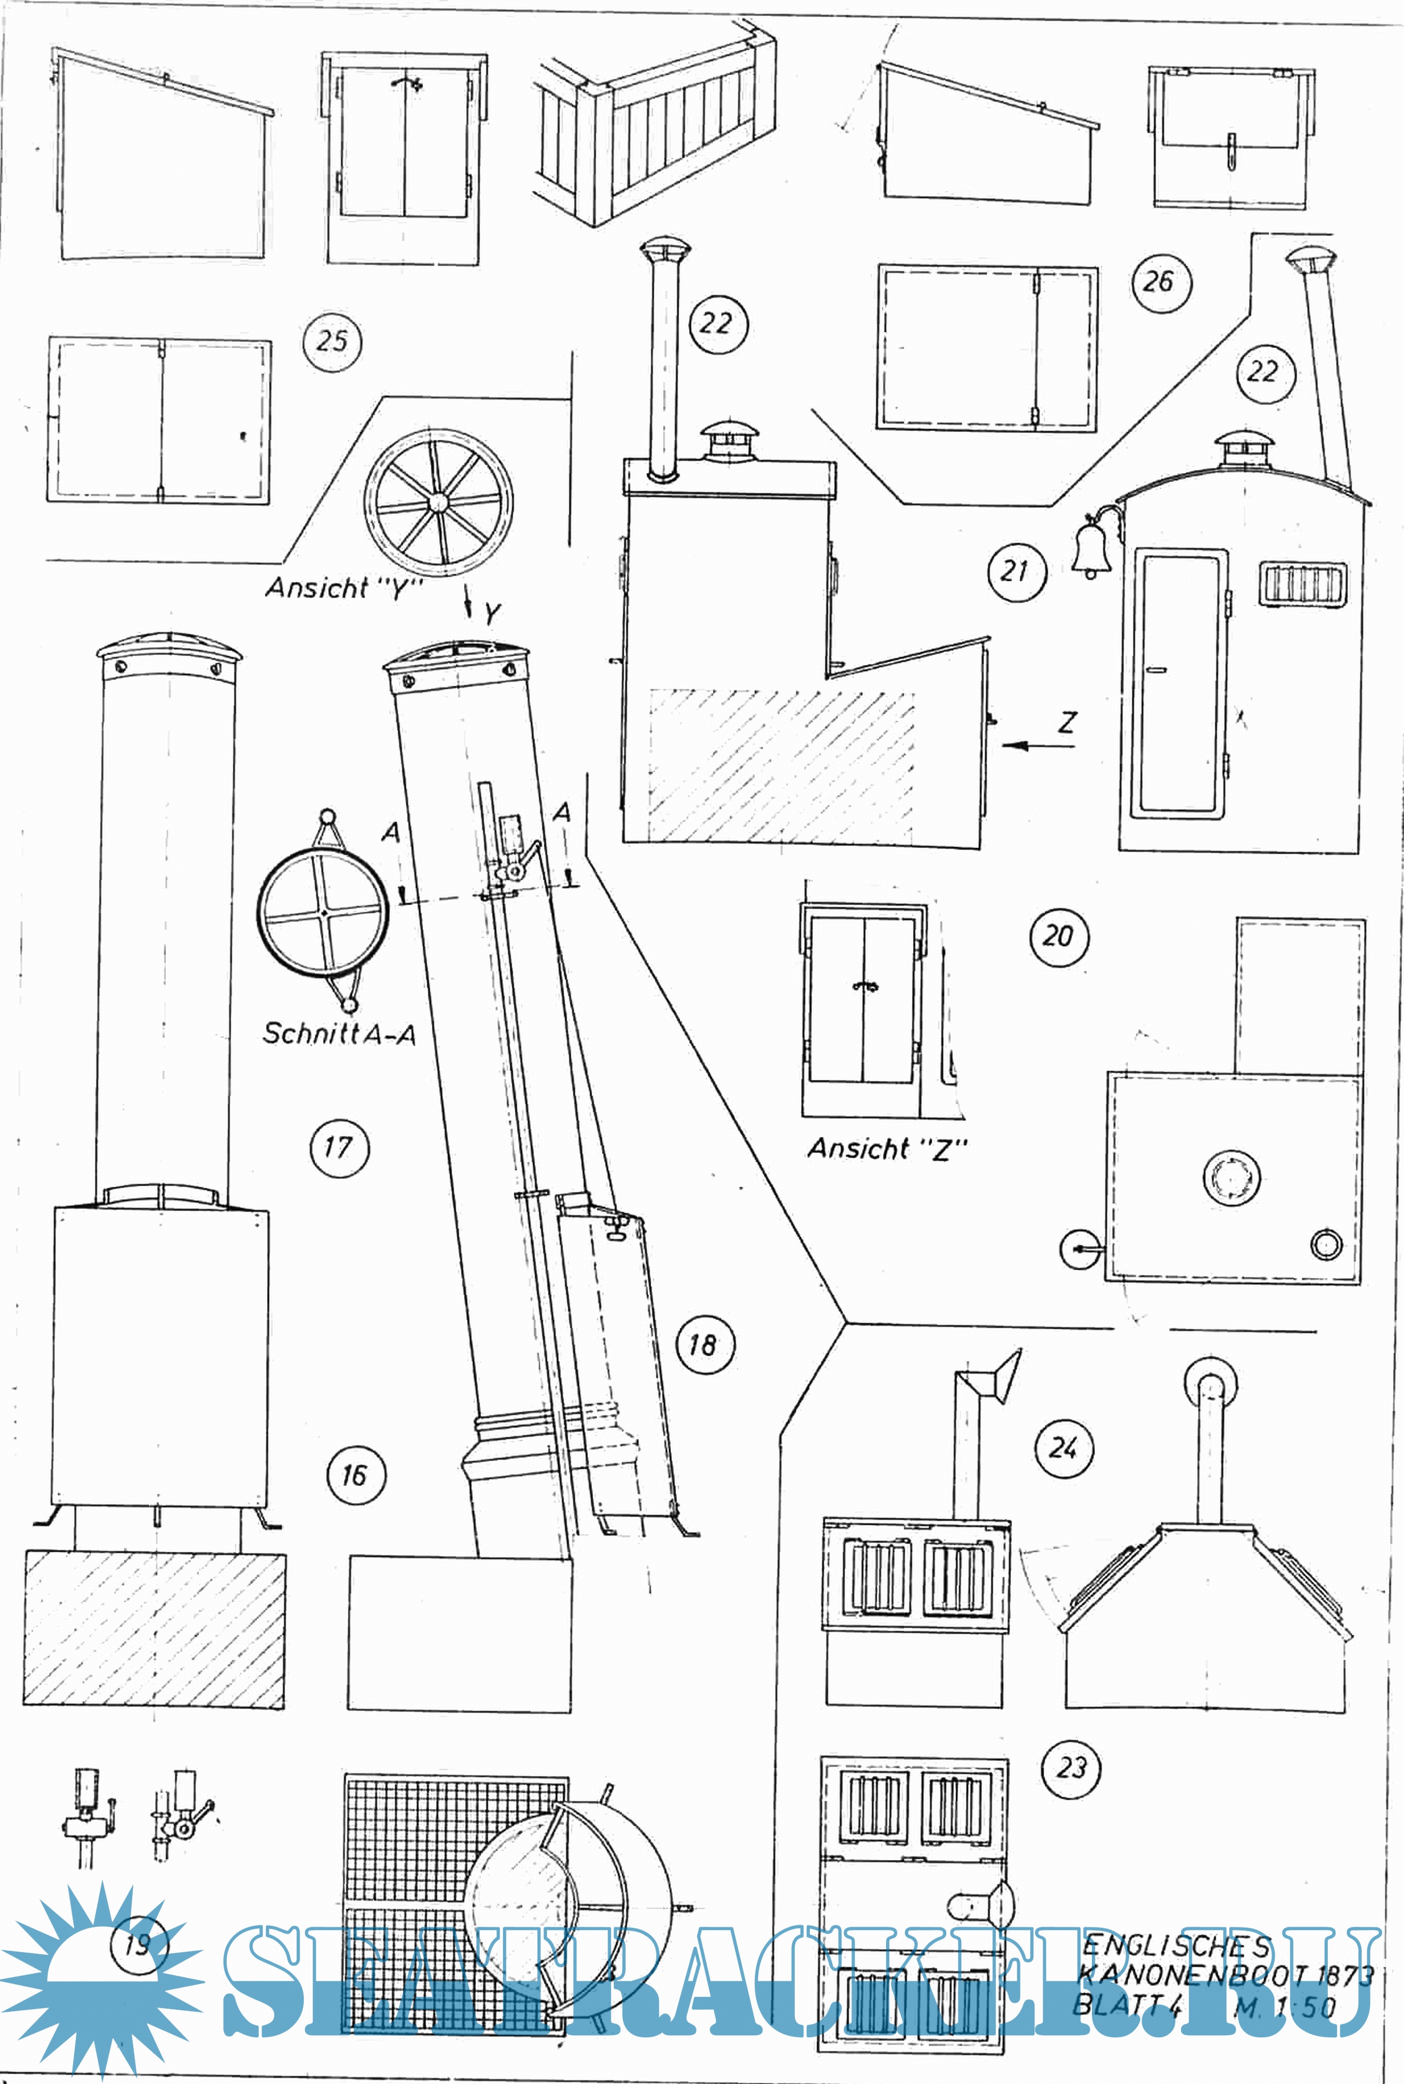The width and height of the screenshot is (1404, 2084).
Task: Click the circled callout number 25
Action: point(332,341)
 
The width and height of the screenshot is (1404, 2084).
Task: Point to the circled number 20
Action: point(1058,937)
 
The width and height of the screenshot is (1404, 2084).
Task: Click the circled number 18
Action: point(704,1344)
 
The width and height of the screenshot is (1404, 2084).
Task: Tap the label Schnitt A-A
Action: point(339,1034)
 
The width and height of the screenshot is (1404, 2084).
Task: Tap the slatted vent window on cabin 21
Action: point(1303,584)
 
